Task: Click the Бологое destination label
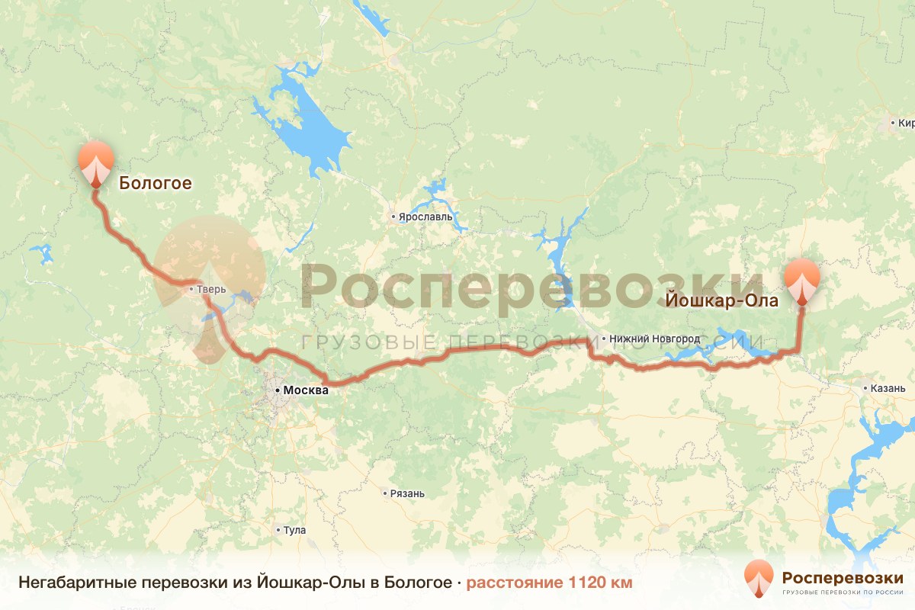click(x=155, y=183)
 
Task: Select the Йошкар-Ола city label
click(x=722, y=301)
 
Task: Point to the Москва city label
click(x=305, y=390)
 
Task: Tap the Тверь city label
click(x=212, y=290)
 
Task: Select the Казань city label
click(x=887, y=388)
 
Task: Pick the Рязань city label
click(x=407, y=493)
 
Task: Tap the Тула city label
click(x=294, y=530)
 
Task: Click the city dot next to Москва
click(x=277, y=390)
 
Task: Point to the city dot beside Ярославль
click(x=393, y=217)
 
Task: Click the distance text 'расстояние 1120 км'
click(x=549, y=583)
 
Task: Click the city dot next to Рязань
click(x=384, y=493)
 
